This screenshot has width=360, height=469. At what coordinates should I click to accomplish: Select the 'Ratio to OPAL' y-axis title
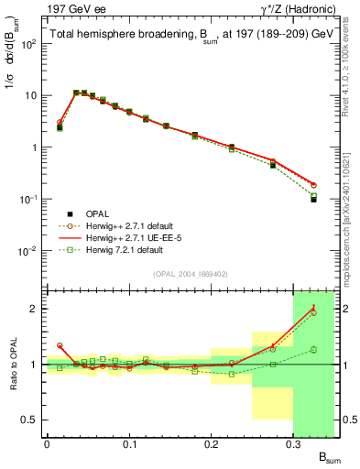12,365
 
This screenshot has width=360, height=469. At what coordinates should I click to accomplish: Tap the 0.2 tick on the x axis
212,444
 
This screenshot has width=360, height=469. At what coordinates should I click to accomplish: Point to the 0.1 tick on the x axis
129,444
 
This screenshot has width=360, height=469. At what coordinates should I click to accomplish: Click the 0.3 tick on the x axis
293,444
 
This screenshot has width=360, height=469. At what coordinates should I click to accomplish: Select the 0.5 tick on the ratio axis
32,420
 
